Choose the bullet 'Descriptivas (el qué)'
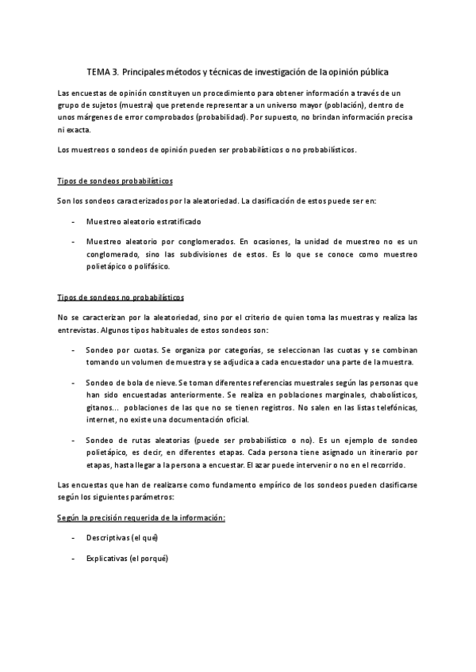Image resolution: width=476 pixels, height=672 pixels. (122, 537)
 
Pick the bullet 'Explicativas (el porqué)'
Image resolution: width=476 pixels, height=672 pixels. (127, 558)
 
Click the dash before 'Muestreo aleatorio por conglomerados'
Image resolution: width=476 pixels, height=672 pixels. (74, 242)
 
